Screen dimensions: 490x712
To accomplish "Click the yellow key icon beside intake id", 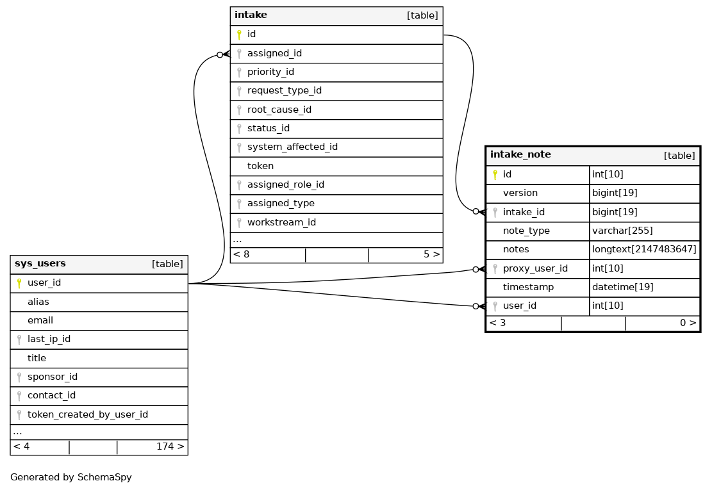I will point(238,35).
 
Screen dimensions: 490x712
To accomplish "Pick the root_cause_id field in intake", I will point(279,110).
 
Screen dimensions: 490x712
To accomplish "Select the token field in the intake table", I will point(260,166).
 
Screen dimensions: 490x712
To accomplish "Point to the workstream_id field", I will point(281,222).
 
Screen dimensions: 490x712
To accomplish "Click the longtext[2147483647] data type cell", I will point(643,250).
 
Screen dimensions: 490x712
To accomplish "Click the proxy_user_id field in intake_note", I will point(535,268).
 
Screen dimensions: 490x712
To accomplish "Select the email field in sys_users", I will point(40,320).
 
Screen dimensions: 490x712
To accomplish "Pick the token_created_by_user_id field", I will point(87,414).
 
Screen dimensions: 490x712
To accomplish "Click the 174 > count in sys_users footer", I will point(170,446).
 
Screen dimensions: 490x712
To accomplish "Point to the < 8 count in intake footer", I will point(241,254).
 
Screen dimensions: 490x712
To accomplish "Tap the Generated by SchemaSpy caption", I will point(70,477).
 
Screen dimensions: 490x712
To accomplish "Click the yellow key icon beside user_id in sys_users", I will point(19,283).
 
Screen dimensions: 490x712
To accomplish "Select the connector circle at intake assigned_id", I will point(220,54).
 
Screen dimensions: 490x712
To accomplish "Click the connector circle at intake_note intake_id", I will point(476,211).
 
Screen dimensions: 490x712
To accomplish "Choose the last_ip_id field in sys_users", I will point(49,339).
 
